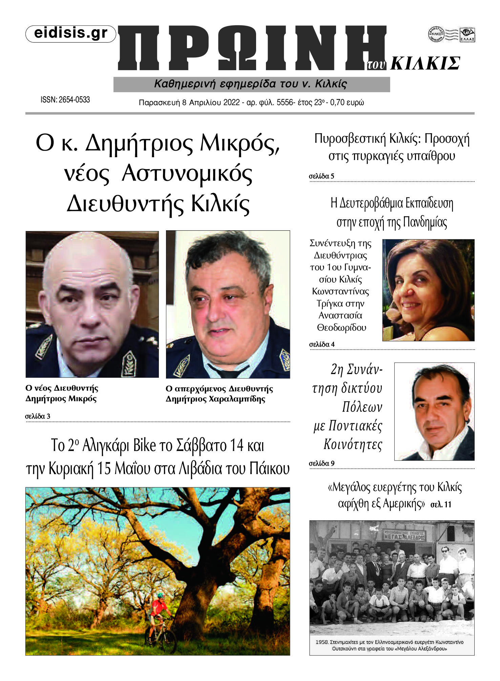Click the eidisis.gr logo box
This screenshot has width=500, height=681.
71,34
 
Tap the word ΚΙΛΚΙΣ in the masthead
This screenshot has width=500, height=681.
425,63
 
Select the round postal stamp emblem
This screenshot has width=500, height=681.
436,34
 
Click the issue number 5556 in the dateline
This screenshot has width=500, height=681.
285,102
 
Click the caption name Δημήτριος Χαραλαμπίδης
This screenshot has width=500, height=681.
215,399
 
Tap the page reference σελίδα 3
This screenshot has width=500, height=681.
38,416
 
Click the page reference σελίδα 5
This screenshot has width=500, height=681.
321,176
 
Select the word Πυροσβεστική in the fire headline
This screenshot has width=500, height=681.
350,139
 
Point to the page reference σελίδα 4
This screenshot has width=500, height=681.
322,344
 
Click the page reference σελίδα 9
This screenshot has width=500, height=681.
321,463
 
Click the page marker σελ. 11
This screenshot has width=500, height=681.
441,505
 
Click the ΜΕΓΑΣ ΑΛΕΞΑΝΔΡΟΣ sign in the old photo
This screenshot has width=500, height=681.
404,536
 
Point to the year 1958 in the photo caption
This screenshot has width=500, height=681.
321,642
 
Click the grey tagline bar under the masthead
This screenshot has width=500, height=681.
251,84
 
